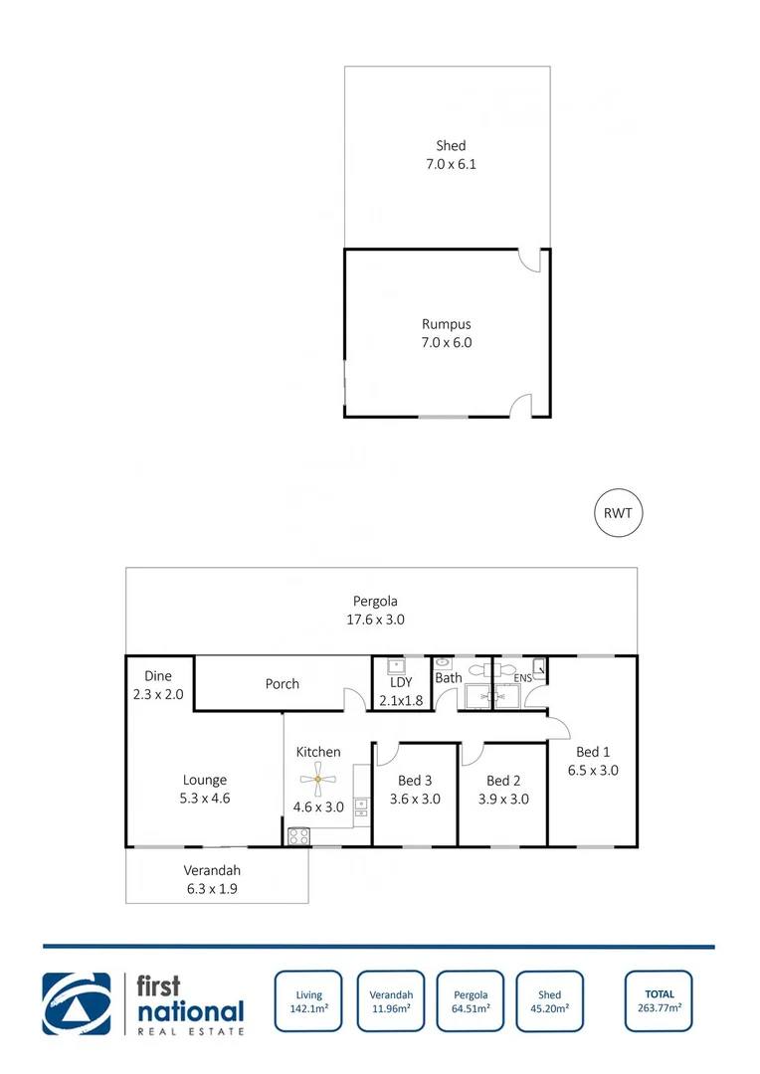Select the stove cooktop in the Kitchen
pyautogui.click(x=298, y=836)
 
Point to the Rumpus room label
pyautogui.click(x=446, y=324)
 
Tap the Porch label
pyautogui.click(x=283, y=684)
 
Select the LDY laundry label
pyautogui.click(x=402, y=683)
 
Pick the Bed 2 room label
pyautogui.click(x=503, y=781)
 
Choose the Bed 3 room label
pyautogui.click(x=415, y=781)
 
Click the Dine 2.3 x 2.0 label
pyautogui.click(x=158, y=685)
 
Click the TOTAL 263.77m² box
pyautogui.click(x=659, y=1000)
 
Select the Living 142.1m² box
pyautogui.click(x=308, y=1001)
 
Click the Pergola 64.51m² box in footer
pyautogui.click(x=471, y=1001)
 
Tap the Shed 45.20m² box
pyautogui.click(x=549, y=1001)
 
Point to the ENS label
pyautogui.click(x=522, y=678)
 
